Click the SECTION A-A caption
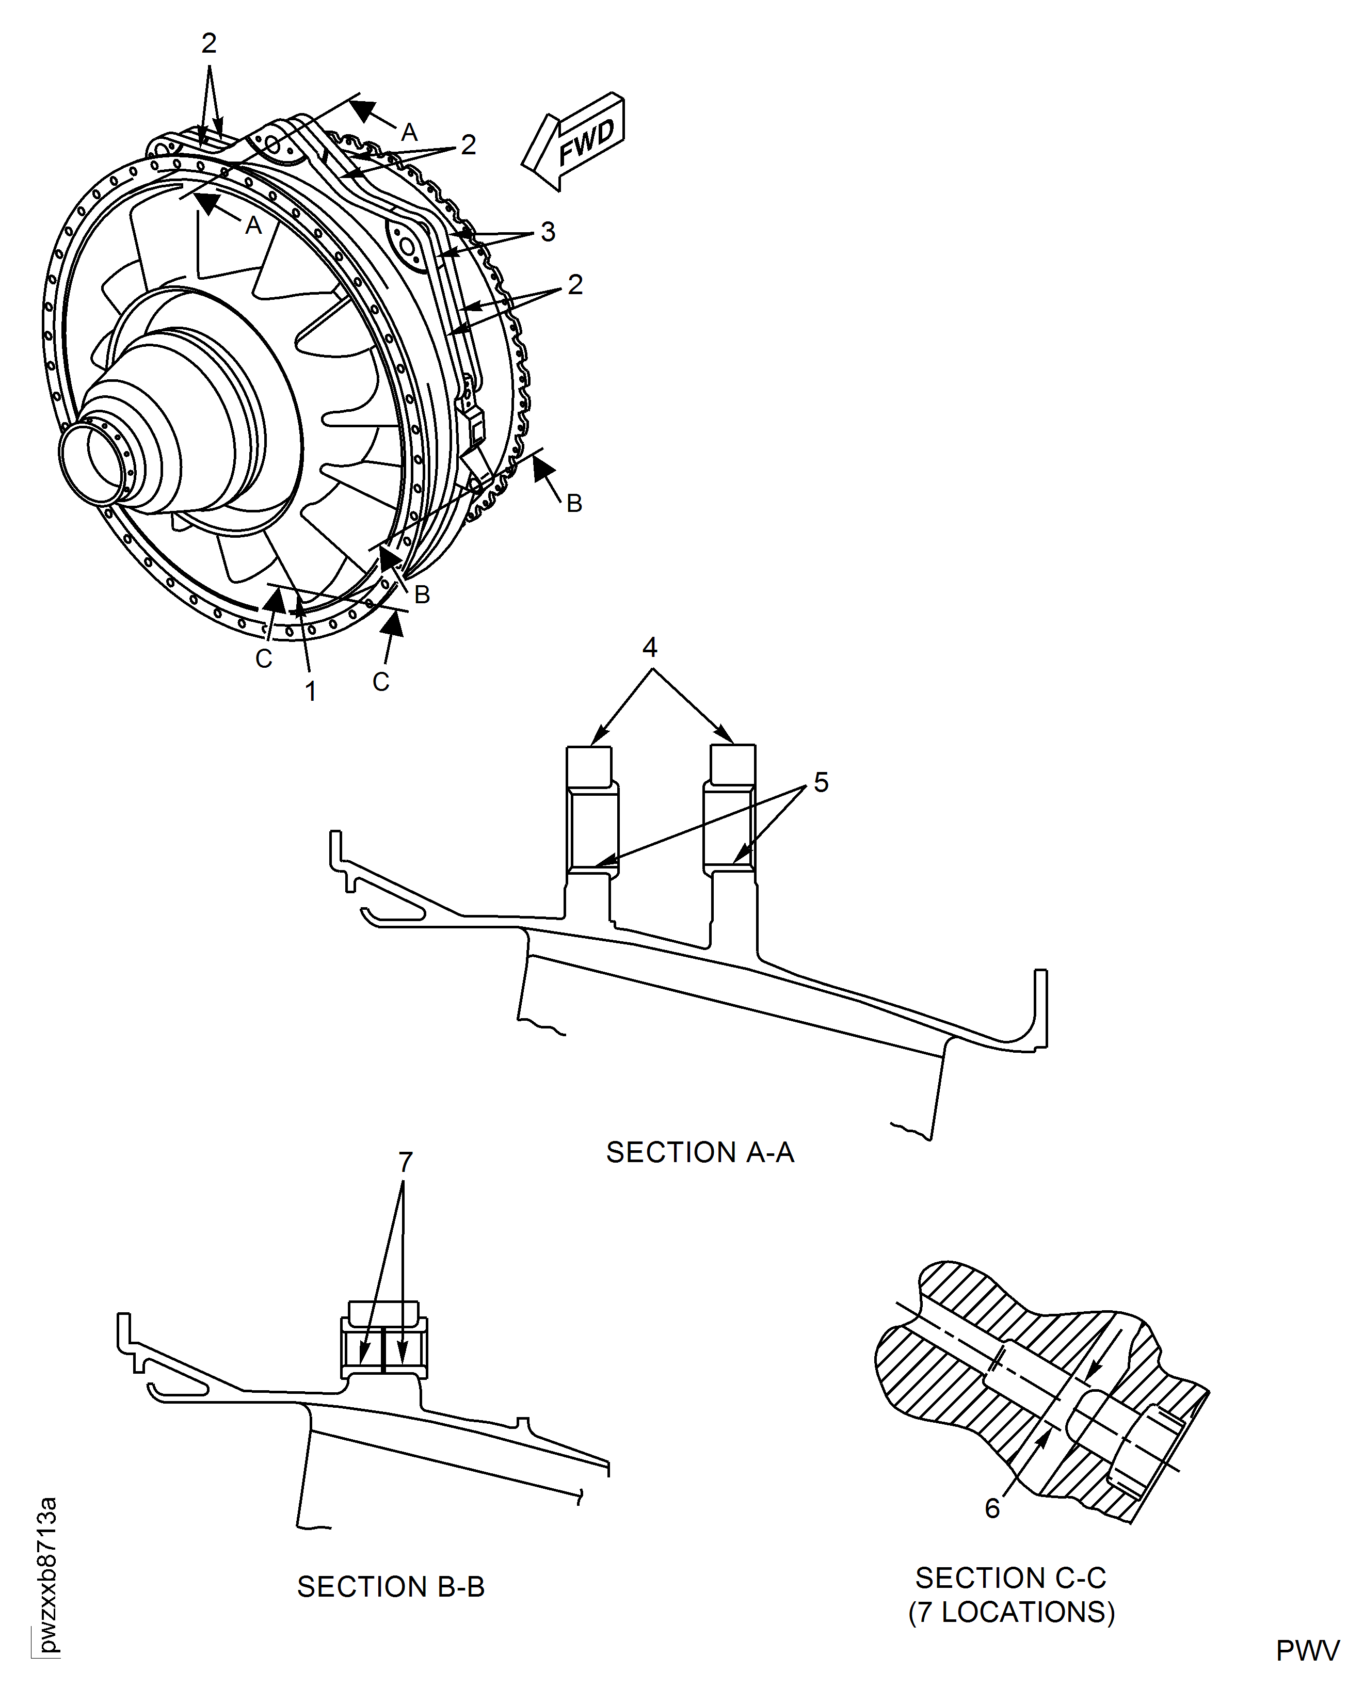(699, 1152)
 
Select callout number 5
(821, 782)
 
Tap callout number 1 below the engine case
(311, 691)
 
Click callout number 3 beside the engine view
(548, 232)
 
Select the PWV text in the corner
(1307, 1650)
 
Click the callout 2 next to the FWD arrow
(468, 144)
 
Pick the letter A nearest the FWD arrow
(409, 132)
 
